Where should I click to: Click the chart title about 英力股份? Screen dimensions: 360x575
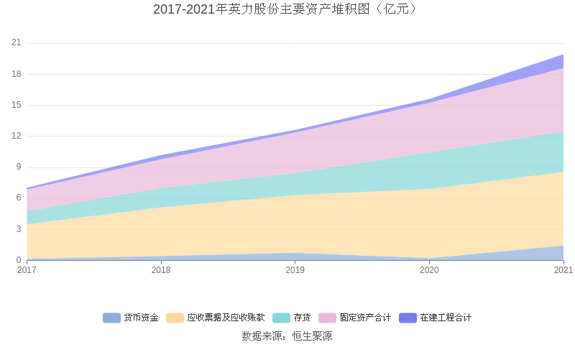[287, 9]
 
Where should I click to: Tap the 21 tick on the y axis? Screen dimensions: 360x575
[17, 43]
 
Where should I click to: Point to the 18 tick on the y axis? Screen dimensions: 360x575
[17, 74]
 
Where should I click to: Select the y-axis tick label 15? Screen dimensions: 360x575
[17, 105]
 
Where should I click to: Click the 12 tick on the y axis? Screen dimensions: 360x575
[17, 136]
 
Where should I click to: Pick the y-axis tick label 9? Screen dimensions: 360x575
[19, 167]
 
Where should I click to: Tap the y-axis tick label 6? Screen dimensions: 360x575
[19, 198]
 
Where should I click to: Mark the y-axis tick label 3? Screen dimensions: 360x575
[19, 229]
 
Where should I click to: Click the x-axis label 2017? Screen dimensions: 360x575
[27, 270]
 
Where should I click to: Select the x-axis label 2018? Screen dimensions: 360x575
[161, 270]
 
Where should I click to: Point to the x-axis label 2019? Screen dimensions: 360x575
[295, 270]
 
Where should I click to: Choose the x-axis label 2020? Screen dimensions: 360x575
[429, 270]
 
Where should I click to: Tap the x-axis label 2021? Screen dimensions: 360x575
[563, 270]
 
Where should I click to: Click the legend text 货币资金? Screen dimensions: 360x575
[141, 318]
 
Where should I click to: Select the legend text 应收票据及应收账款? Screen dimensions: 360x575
[226, 318]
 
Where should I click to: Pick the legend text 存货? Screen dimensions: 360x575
[302, 318]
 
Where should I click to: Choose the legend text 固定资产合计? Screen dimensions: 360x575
[365, 318]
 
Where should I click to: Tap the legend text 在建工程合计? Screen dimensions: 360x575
[446, 318]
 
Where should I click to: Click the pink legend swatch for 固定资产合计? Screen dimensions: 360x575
[327, 318]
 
